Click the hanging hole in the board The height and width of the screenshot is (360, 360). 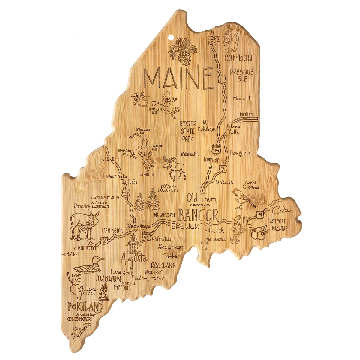click(171, 38)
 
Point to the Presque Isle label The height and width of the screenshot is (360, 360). click(241, 75)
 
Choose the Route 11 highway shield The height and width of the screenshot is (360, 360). click(221, 79)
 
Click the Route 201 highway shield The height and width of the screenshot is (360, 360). click(125, 194)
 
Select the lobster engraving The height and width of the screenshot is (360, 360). click(239, 229)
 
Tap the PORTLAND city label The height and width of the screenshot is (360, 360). click(85, 307)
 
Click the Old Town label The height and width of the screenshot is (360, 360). click(202, 199)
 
